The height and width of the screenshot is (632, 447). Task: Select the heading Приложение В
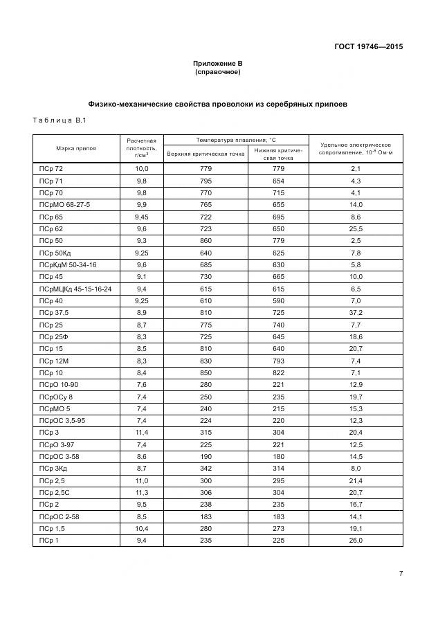[x=217, y=64]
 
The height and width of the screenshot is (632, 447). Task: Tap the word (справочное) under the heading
[x=217, y=72]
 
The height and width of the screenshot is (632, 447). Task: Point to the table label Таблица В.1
[x=59, y=121]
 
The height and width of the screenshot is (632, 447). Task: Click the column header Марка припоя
[x=76, y=148]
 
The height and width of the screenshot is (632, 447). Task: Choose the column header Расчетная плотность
[x=142, y=148]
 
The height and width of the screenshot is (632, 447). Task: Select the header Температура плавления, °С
[x=235, y=140]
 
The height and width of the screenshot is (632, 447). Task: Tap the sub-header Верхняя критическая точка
[x=206, y=153]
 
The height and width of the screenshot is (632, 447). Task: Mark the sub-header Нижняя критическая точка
[x=278, y=153]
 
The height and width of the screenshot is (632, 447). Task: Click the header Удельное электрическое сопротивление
[x=356, y=148]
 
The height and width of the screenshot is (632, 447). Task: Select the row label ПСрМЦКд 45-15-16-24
[x=75, y=289]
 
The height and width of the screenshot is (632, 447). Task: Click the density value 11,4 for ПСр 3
[x=142, y=433]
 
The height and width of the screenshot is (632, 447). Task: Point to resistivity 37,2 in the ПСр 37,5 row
[x=356, y=313]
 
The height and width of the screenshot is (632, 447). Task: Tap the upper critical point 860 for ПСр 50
[x=206, y=241]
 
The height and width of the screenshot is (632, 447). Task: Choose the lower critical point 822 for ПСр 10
[x=278, y=372]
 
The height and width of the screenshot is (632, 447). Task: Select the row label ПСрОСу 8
[x=56, y=397]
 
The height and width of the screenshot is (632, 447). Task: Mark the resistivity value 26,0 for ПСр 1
[x=356, y=541]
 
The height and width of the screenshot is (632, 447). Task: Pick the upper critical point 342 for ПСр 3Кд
[x=206, y=469]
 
